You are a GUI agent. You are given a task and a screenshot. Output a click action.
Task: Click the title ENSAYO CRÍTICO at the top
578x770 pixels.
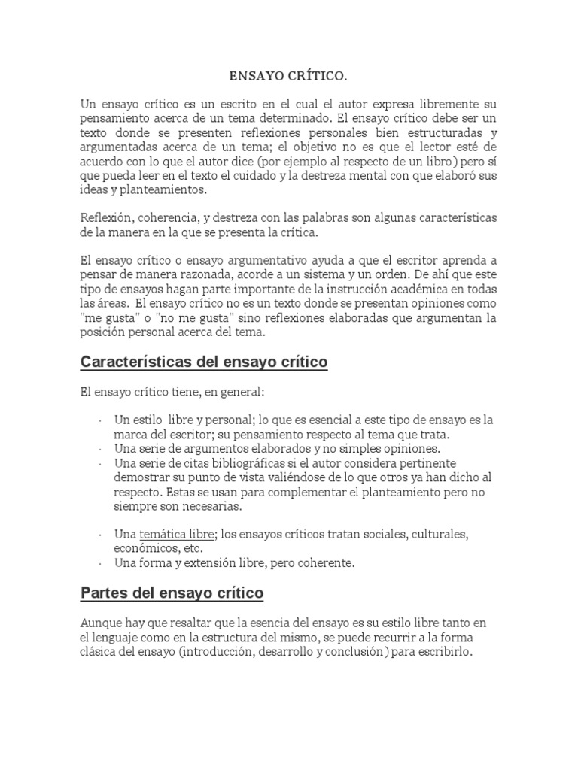coord(288,76)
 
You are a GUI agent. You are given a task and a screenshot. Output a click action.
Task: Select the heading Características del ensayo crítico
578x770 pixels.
coord(204,362)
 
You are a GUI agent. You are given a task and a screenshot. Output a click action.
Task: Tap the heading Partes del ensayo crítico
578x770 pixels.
coord(172,593)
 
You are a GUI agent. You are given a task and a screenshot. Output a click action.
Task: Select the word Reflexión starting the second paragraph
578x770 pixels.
coord(107,218)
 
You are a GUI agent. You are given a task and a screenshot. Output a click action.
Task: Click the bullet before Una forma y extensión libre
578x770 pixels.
coord(100,563)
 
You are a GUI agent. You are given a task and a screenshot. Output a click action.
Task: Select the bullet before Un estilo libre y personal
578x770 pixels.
coord(100,420)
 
